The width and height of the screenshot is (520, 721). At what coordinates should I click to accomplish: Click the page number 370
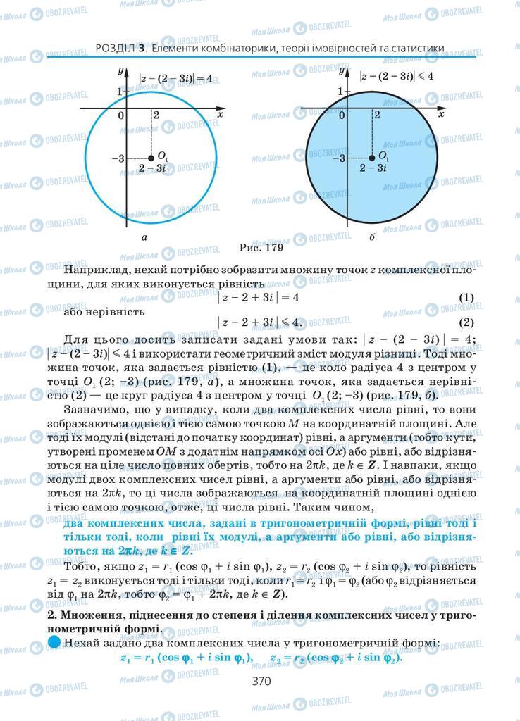(261, 681)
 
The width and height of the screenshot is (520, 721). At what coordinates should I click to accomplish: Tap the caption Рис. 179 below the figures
(260, 247)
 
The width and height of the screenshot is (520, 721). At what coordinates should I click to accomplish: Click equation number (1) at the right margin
(466, 298)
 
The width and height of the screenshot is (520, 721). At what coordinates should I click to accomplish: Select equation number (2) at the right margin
(466, 323)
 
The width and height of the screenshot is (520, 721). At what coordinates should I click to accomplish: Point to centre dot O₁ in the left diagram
(151, 158)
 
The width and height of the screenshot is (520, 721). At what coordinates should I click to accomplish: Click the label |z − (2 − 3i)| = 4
(175, 78)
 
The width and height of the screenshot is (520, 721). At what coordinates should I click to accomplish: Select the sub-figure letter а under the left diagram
(144, 238)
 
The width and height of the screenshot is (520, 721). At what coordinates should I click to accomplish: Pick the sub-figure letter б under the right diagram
(371, 238)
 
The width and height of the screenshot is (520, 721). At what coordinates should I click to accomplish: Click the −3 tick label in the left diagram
(118, 158)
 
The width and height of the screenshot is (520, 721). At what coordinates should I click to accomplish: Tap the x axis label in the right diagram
(441, 113)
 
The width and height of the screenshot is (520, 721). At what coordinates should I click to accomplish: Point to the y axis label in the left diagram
(121, 70)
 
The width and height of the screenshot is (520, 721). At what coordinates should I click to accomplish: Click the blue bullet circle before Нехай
(54, 642)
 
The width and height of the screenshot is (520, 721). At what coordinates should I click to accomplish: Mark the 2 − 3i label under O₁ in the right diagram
(373, 168)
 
